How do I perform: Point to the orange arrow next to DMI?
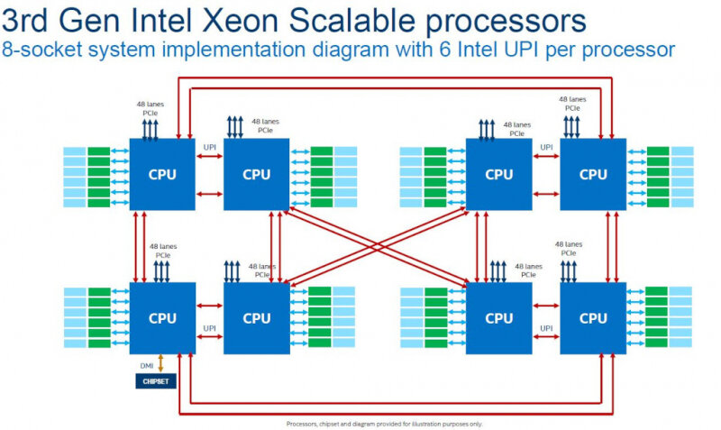point(161,362)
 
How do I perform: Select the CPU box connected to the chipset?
point(162,318)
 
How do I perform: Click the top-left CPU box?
point(162,175)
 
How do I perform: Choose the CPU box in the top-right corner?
point(593,175)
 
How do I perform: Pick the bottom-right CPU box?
point(593,318)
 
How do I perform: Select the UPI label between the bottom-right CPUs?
point(546,328)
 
